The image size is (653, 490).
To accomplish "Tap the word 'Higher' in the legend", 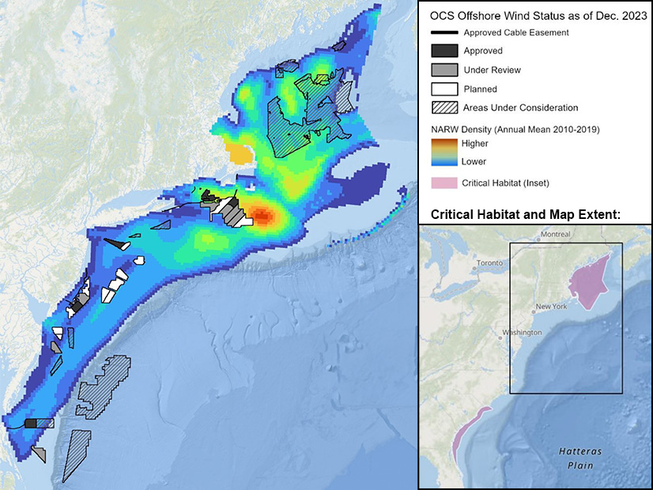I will [x=475, y=144].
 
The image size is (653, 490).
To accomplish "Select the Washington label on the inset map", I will [x=520, y=333].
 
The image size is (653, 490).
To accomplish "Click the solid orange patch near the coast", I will [x=237, y=153].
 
